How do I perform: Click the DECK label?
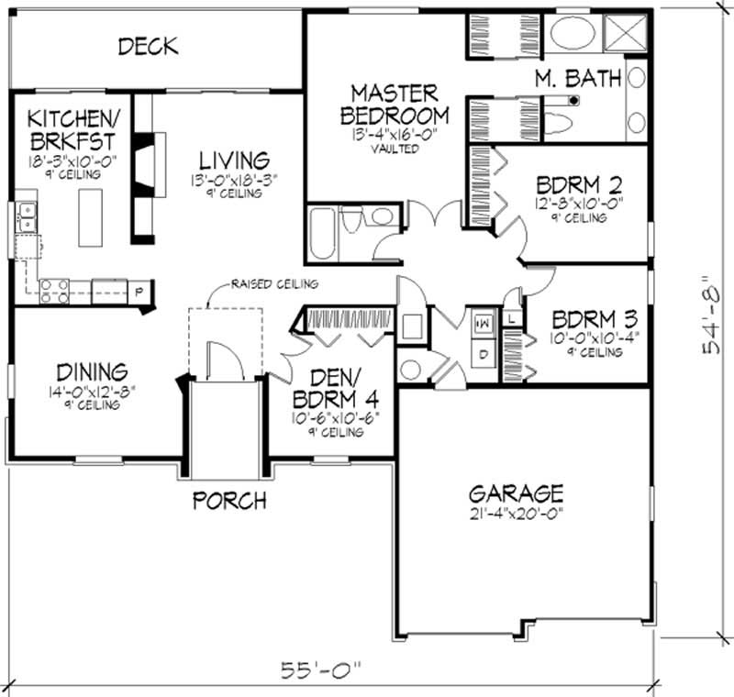tap(148, 46)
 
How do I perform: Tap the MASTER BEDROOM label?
tap(395, 105)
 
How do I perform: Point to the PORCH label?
tap(229, 501)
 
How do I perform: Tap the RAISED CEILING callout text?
tap(274, 284)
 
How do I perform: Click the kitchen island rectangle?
tap(89, 217)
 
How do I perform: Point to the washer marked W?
tap(481, 324)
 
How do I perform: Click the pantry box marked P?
tap(139, 293)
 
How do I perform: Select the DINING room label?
tap(91, 372)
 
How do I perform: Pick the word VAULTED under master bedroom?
tap(395, 149)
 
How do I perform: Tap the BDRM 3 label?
tap(594, 320)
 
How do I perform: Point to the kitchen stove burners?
tap(52, 291)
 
